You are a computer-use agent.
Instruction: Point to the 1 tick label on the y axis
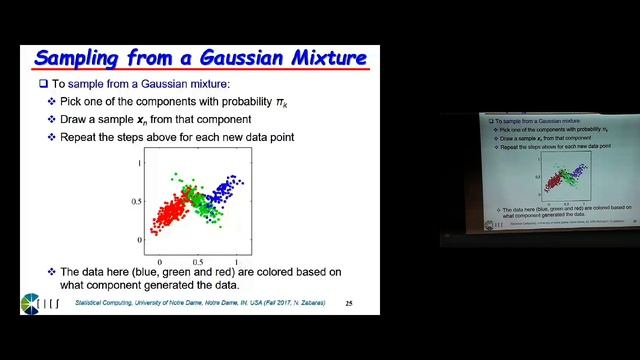pyautogui.click(x=140, y=161)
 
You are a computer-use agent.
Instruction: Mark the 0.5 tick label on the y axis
pyautogui.click(x=136, y=201)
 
